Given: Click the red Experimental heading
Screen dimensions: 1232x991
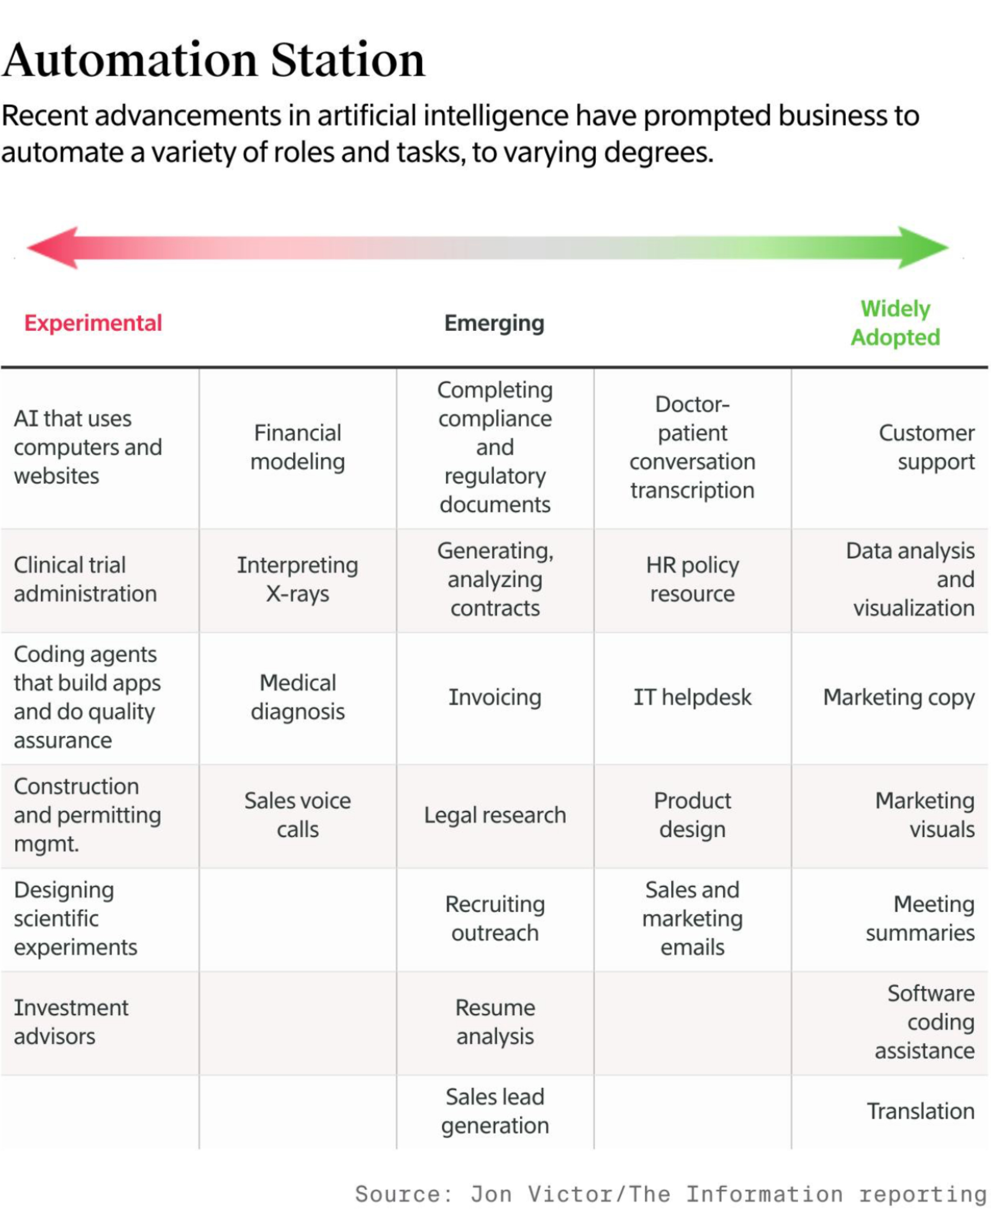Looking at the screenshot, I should pos(93,323).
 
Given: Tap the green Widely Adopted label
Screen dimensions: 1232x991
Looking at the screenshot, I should pos(895,323).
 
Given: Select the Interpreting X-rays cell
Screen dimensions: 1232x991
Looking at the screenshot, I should pos(298,580).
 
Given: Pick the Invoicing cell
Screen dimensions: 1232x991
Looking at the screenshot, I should pos(495,697).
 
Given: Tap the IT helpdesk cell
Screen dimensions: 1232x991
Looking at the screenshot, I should pos(692,697).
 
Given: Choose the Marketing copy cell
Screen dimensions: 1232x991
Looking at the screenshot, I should pos(899,697).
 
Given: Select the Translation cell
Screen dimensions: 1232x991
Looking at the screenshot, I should pos(920,1111).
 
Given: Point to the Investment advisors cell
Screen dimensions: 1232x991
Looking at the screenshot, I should pos(72,1022).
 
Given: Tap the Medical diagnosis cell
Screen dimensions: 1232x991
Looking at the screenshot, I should pos(298,697).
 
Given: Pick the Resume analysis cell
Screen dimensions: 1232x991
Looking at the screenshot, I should pos(495,1022).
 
